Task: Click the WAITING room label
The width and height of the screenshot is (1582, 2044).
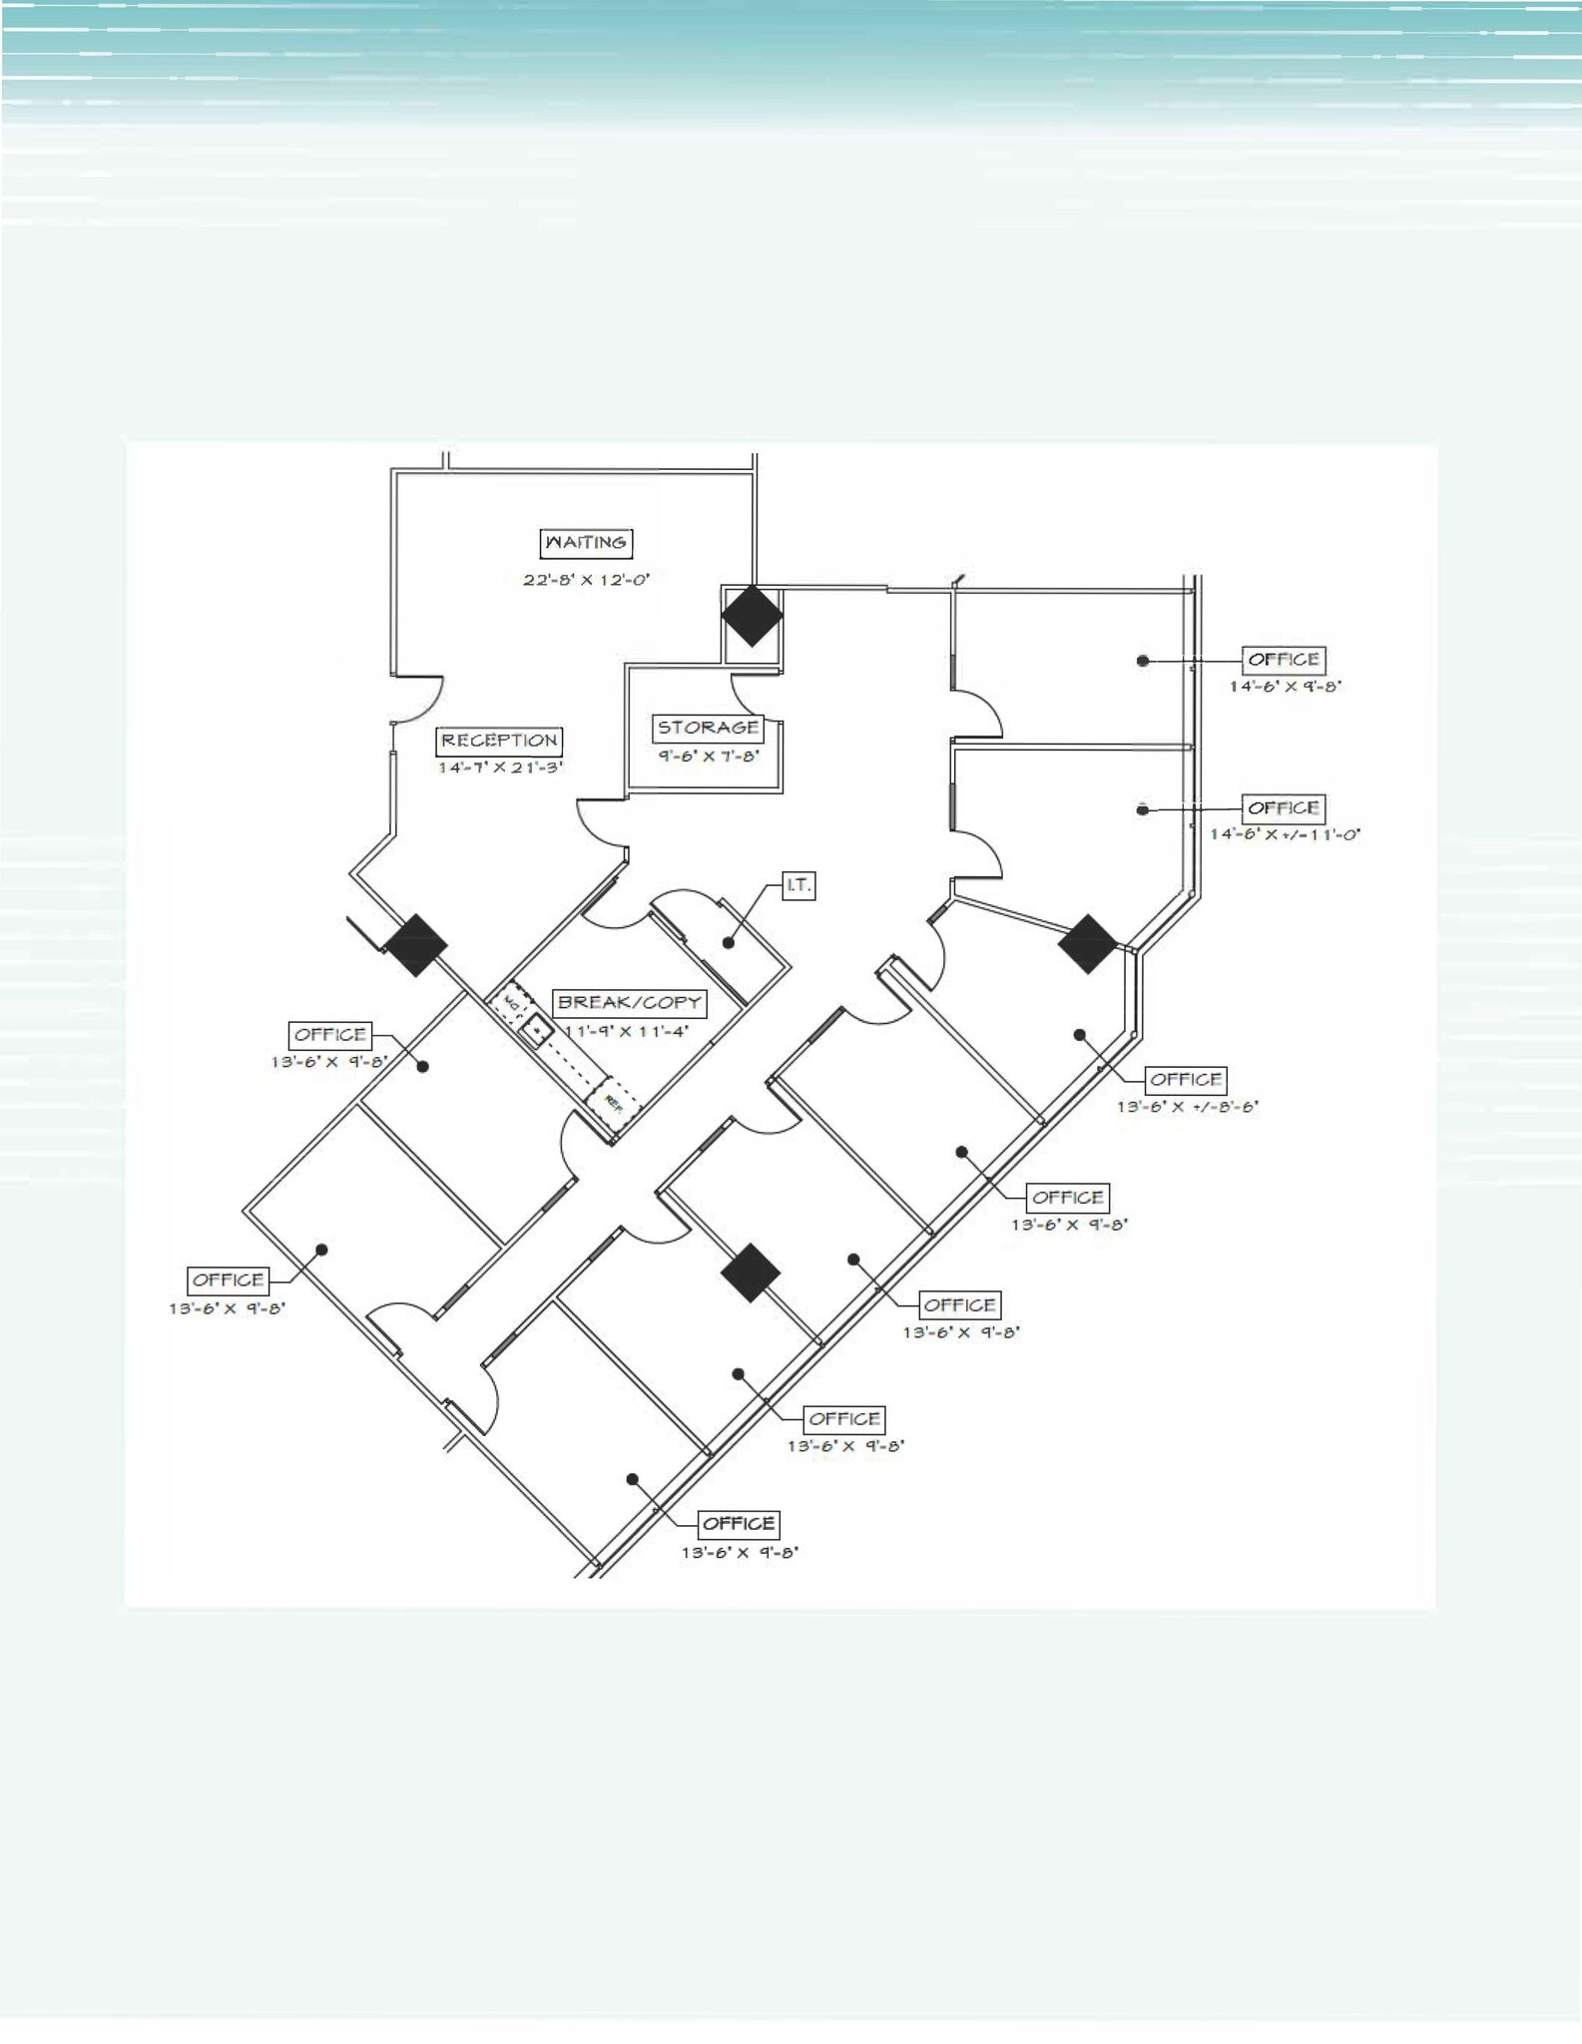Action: coord(587,543)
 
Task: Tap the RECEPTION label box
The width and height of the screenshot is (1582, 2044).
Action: coord(499,741)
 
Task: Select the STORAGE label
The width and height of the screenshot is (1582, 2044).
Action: coord(708,729)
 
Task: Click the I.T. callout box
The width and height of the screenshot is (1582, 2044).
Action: coord(798,885)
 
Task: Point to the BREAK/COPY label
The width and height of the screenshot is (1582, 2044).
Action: coord(629,1003)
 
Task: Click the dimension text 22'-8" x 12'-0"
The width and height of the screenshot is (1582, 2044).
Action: coord(587,580)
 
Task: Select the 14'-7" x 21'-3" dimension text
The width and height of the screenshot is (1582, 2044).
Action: coord(499,767)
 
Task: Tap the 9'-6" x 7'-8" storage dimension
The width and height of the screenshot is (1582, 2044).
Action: coord(708,757)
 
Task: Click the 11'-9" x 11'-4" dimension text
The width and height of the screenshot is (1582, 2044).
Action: coord(627,1031)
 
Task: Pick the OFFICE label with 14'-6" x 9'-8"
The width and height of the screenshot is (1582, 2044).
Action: coord(1284,660)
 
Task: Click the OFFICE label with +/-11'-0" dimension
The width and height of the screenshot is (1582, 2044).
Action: coord(1284,808)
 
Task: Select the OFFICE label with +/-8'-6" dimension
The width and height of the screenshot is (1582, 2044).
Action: coord(1185,1080)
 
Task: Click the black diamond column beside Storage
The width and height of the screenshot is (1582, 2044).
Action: coord(752,616)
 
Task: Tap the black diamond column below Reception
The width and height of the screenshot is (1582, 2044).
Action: coord(415,945)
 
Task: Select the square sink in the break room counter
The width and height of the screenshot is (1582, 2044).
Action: coord(539,1028)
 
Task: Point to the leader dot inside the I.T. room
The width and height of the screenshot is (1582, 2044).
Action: coord(730,942)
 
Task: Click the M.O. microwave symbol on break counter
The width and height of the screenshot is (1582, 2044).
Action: coord(511,1001)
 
